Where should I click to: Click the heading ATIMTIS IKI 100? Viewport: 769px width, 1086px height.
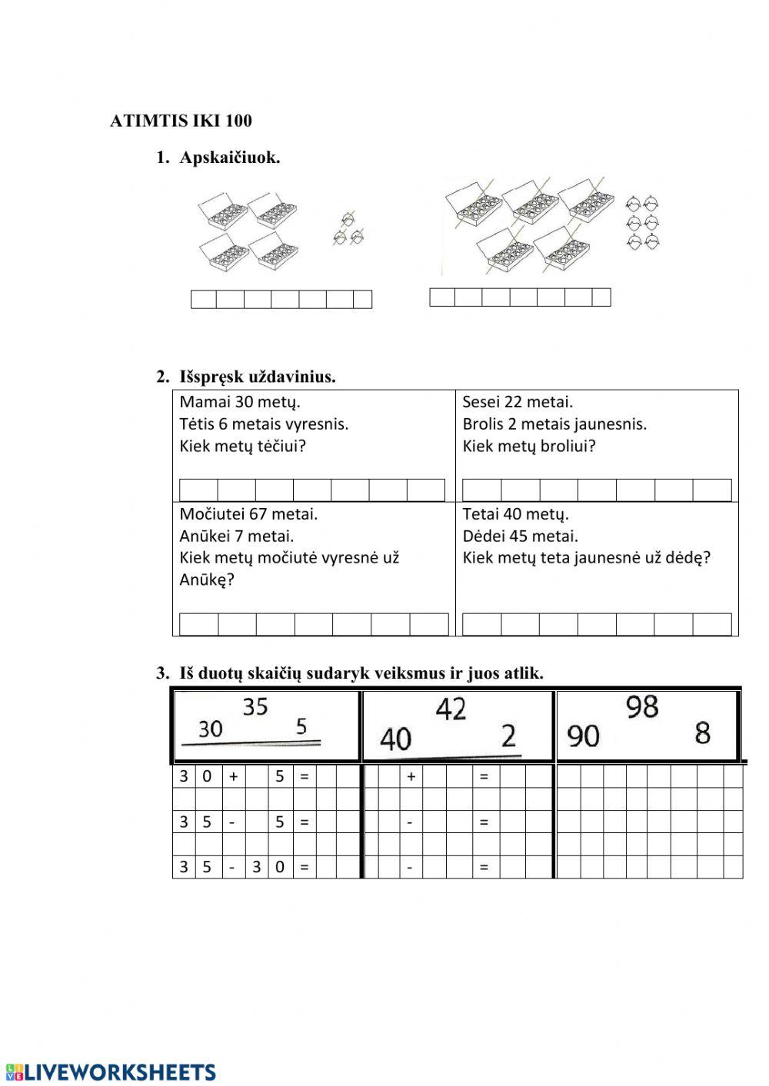(x=181, y=121)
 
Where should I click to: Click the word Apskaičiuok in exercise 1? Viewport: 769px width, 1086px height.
(x=229, y=158)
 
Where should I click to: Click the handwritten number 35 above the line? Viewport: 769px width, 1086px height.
(x=255, y=706)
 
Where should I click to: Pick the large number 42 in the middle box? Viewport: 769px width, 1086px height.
(x=451, y=709)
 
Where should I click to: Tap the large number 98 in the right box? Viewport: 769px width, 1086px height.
(x=642, y=706)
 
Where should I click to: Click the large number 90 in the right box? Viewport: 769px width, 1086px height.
(x=583, y=736)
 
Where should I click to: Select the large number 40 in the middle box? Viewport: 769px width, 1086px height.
(x=396, y=739)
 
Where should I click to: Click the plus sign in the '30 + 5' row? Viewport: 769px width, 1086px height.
(x=233, y=776)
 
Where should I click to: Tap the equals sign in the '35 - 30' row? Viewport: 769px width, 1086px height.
(x=304, y=867)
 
